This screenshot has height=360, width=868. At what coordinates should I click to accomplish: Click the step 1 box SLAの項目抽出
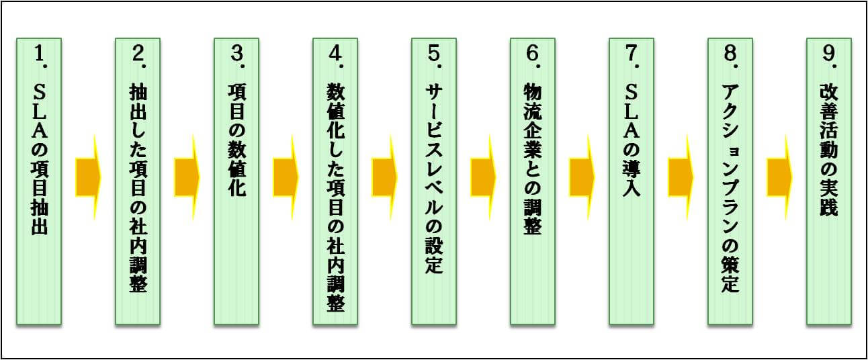(39, 181)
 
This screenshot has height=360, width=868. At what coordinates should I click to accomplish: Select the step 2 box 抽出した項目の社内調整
(138, 181)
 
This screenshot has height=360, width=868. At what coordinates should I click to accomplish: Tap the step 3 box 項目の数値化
(236, 181)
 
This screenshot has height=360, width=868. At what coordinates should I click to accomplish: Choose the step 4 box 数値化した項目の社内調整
(335, 181)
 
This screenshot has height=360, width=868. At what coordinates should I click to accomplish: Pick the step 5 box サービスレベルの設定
(434, 181)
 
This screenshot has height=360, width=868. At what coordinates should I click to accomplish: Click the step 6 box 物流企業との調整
(533, 181)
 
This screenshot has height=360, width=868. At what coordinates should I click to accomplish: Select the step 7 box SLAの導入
(632, 181)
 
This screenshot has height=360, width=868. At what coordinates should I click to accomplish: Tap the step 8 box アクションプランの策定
(730, 181)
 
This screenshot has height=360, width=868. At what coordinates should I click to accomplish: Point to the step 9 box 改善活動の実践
(829, 181)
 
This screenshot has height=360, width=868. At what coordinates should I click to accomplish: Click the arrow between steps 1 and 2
(87, 177)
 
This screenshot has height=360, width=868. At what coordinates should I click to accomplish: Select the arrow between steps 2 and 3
(187, 177)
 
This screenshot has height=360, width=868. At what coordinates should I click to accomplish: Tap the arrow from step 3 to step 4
(286, 177)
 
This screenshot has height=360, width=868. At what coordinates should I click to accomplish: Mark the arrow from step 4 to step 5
(384, 177)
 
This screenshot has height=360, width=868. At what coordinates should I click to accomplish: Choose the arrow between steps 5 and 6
(483, 177)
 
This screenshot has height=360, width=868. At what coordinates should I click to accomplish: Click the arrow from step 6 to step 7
(582, 177)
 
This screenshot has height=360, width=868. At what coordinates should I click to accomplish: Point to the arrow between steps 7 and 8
(681, 177)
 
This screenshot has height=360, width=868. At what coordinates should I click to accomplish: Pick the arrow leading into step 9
(779, 177)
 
